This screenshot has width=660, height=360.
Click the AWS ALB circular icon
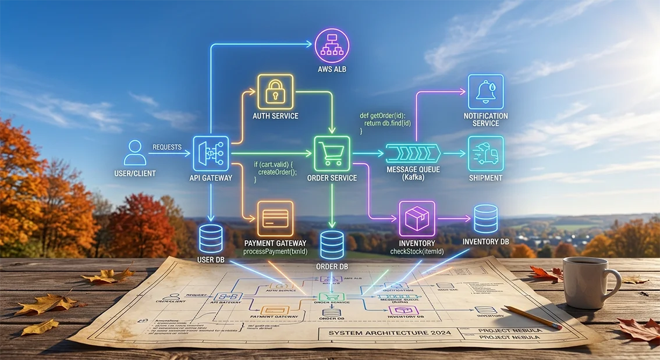(332, 45)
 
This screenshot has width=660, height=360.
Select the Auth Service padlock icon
(275, 92)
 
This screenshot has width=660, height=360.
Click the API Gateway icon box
(210, 154)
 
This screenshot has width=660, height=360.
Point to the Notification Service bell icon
(485, 92)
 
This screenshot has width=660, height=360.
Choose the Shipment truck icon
(485, 154)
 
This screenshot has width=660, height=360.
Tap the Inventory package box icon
(417, 219)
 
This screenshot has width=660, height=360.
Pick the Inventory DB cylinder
(485, 219)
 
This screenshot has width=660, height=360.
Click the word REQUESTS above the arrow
(167, 147)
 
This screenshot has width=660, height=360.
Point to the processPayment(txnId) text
(275, 251)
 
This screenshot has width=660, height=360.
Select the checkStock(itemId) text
(417, 251)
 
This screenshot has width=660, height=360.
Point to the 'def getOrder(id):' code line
(386, 116)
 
